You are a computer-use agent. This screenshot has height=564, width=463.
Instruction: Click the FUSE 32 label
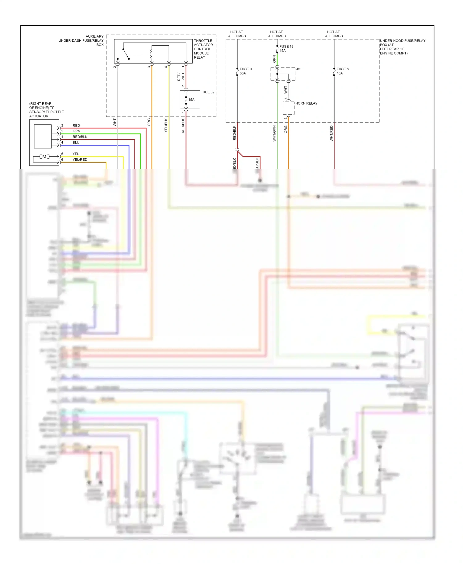pos(207,92)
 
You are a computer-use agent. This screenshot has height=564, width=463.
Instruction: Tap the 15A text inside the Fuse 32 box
pos(191,100)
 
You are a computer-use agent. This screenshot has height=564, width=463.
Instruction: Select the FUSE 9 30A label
pos(245,71)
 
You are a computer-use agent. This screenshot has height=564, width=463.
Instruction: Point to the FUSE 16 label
pos(286,47)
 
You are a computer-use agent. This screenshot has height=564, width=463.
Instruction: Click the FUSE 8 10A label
pos(342,71)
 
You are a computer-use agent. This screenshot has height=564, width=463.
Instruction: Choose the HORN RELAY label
pos(306,103)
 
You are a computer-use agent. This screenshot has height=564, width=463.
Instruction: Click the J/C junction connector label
pos(298,69)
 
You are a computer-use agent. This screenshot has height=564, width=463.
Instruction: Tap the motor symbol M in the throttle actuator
pos(44,157)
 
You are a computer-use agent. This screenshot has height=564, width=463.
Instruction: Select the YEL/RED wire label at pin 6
pos(80,160)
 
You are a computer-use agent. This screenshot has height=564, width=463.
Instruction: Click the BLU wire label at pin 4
pos(76,143)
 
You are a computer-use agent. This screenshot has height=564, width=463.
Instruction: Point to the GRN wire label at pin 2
pos(76,131)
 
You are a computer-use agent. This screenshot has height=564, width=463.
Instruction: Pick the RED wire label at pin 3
pos(76,126)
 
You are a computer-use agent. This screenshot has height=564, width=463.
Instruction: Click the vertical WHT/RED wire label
pos(331,133)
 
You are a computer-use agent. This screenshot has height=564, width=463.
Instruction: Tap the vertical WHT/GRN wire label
pos(274,133)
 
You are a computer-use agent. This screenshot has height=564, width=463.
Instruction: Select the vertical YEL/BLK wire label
pos(166,126)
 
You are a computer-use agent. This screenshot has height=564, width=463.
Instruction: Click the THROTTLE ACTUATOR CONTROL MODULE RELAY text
pos(203,49)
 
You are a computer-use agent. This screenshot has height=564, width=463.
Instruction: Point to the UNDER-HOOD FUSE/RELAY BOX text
pos(402,47)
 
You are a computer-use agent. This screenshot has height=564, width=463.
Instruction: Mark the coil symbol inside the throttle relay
pos(151,54)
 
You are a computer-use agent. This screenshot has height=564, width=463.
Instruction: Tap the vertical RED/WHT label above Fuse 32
pos(181,77)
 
